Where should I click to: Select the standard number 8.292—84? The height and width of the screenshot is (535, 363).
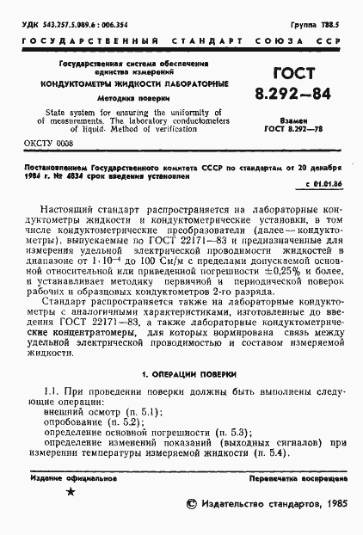(x=294, y=94)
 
